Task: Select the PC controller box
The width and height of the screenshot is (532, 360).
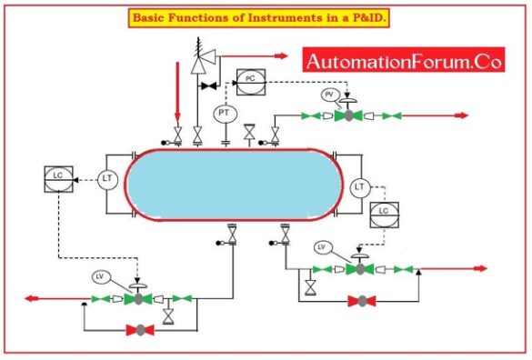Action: point(250,80)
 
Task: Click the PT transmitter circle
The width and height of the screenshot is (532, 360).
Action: point(225,114)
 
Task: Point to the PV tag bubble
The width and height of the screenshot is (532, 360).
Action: point(331,95)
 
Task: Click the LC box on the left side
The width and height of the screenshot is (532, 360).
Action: point(58,177)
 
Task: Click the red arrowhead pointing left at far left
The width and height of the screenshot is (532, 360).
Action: point(33,298)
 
